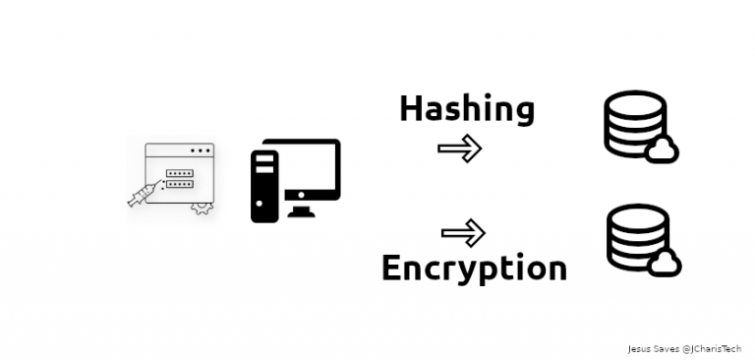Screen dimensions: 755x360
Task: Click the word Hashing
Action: tap(466, 109)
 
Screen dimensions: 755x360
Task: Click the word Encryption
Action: tap(474, 267)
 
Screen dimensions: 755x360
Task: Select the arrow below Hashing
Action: tap(459, 149)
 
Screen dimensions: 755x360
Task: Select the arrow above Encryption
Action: tap(463, 233)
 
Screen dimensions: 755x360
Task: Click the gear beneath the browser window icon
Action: tap(202, 208)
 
